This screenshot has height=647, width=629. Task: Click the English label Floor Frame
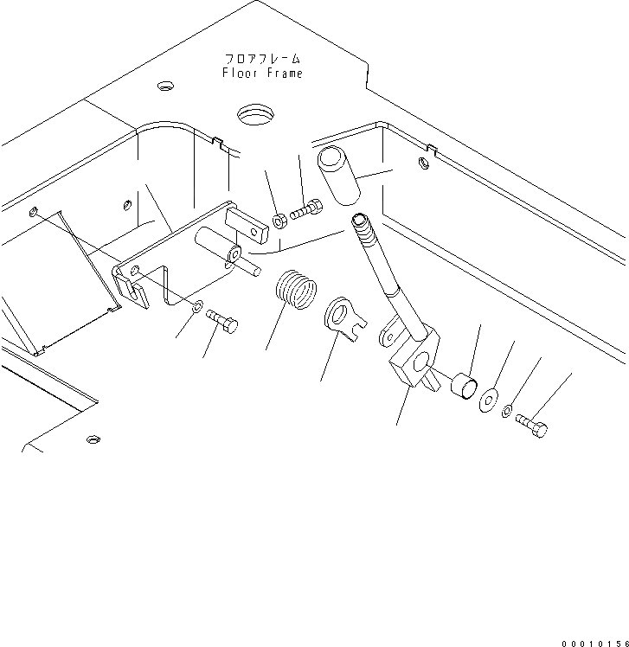click(262, 74)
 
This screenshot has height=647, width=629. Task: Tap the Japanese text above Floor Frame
click(262, 59)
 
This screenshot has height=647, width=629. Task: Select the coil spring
click(296, 290)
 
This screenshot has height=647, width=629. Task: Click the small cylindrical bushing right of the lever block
click(462, 387)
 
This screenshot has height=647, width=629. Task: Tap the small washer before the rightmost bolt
click(509, 410)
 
